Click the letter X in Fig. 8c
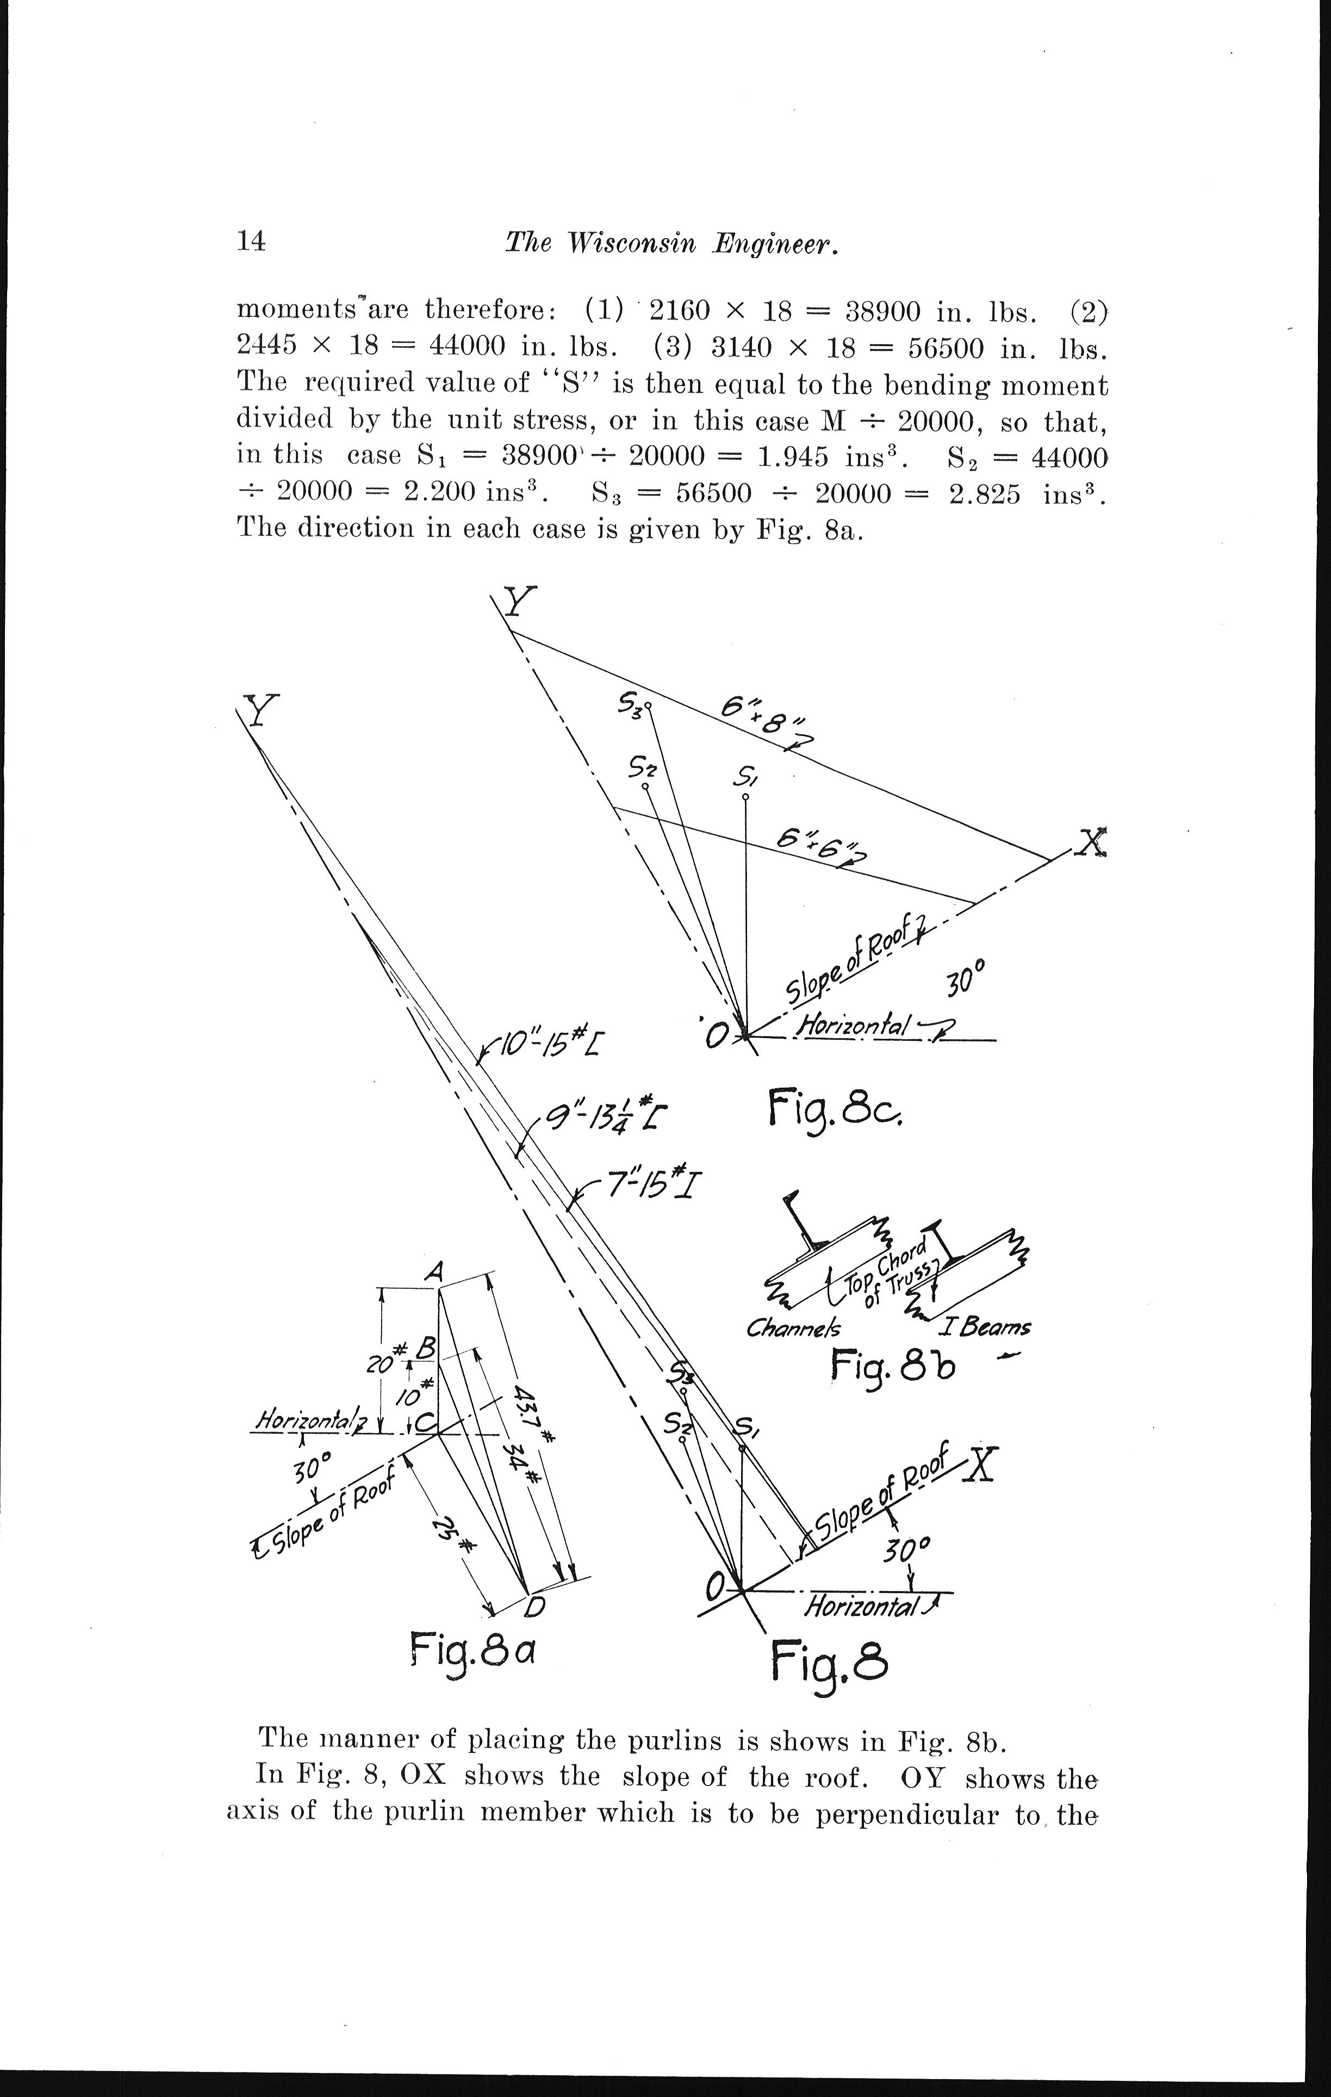coord(1091,841)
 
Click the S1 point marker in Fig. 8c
coord(745,796)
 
